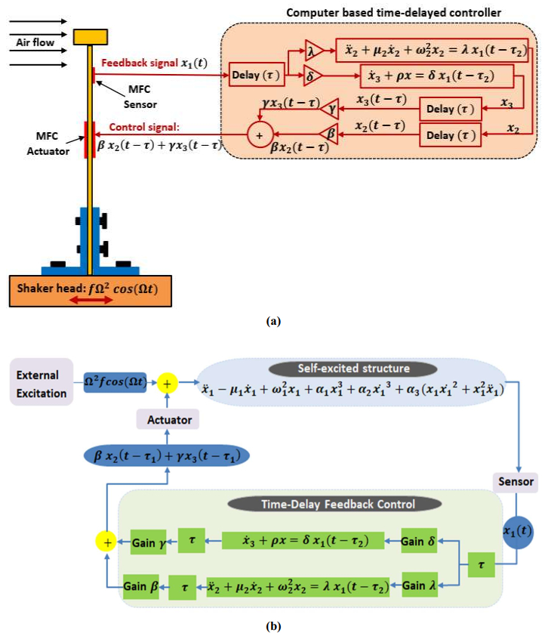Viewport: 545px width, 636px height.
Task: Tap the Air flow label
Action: [35, 43]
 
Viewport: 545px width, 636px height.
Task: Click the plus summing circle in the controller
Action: [260, 136]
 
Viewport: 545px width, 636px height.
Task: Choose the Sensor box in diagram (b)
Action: [518, 480]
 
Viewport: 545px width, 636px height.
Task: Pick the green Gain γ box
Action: [149, 542]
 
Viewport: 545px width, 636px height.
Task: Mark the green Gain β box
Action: [141, 586]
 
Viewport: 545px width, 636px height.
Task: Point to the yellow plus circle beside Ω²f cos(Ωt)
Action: [168, 384]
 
